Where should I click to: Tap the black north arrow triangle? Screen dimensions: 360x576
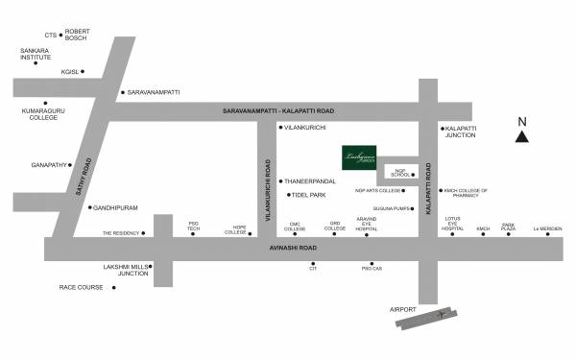point(521,137)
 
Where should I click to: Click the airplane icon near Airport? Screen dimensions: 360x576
point(440,314)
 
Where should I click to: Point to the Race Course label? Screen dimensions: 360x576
point(81,287)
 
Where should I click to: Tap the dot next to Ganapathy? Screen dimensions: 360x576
point(69,164)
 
